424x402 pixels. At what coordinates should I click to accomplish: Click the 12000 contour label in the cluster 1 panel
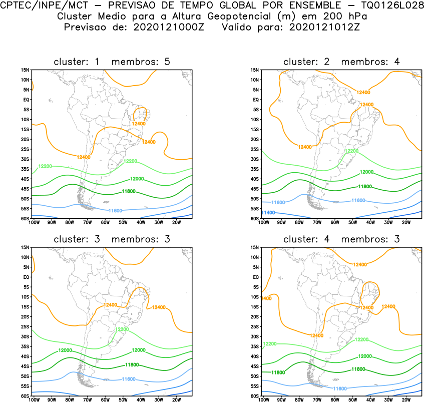pos(137,179)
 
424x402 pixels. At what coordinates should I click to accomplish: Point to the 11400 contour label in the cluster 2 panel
pos(268,213)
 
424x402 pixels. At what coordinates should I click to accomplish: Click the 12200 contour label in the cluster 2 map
pos(351,151)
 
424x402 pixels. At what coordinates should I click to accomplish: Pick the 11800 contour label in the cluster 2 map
pos(364,186)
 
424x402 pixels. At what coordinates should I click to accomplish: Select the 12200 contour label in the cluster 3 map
pos(122,329)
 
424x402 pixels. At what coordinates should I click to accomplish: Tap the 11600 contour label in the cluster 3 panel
pos(129,379)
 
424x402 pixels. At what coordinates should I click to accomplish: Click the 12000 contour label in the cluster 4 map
pos(364,356)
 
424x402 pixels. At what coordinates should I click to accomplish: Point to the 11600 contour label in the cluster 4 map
pos(340,388)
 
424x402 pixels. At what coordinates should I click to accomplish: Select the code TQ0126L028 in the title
pos(387,6)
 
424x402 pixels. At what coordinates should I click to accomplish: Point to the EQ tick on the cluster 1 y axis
pos(26,100)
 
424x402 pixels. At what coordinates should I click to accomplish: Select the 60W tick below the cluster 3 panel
pos(105,399)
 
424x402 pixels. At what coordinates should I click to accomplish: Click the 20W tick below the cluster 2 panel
pos(406,222)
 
